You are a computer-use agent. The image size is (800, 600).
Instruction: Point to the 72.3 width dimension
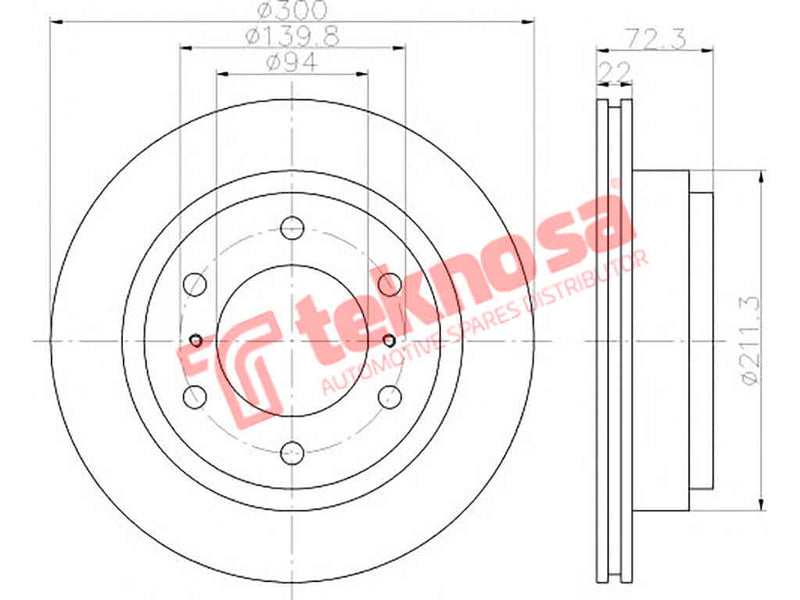coord(655,39)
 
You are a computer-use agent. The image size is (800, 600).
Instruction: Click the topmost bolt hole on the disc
coord(292,227)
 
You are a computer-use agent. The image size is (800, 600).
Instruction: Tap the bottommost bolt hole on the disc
coord(292,453)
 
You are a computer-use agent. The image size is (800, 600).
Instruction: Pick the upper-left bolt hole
coord(195,284)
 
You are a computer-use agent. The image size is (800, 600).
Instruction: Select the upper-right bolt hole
coord(390,284)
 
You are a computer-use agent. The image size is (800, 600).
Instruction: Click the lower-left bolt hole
coord(195,396)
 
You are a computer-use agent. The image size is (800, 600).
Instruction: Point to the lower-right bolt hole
coord(390,396)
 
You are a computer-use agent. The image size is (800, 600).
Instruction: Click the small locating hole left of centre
coord(196,340)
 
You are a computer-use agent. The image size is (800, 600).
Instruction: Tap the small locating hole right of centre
coord(389,340)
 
